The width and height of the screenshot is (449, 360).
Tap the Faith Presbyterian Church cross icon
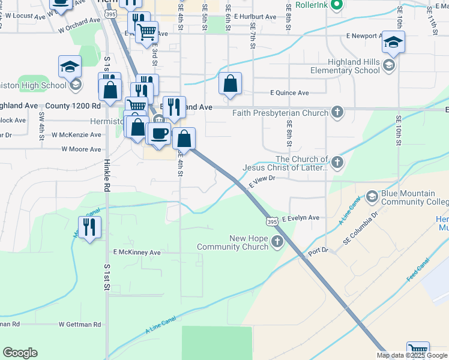tap(338, 112)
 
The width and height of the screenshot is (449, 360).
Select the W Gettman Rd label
tap(80, 324)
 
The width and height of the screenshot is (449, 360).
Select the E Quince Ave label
tap(289, 93)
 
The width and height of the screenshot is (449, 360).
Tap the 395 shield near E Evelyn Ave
tap(273, 221)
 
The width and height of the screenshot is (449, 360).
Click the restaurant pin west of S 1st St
tap(89, 227)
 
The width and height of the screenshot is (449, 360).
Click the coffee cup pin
tap(158, 133)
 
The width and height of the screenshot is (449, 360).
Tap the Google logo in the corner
tap(20, 353)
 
